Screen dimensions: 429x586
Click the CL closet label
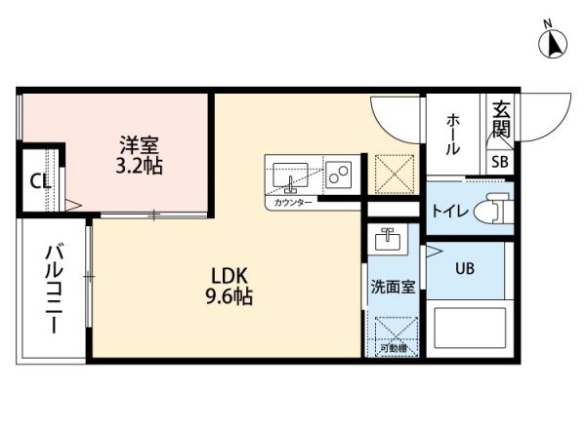click(x=39, y=180)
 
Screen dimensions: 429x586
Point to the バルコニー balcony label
click(x=54, y=290)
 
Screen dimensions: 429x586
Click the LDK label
click(x=229, y=276)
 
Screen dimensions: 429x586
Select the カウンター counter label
click(x=293, y=202)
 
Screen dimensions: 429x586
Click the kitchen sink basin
click(x=290, y=175)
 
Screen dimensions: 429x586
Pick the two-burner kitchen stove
click(x=339, y=175)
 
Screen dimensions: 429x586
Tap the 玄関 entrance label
click(x=501, y=117)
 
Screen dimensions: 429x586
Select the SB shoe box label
click(x=499, y=162)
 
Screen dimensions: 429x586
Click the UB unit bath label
click(x=464, y=269)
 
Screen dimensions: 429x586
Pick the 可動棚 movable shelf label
click(x=393, y=348)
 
